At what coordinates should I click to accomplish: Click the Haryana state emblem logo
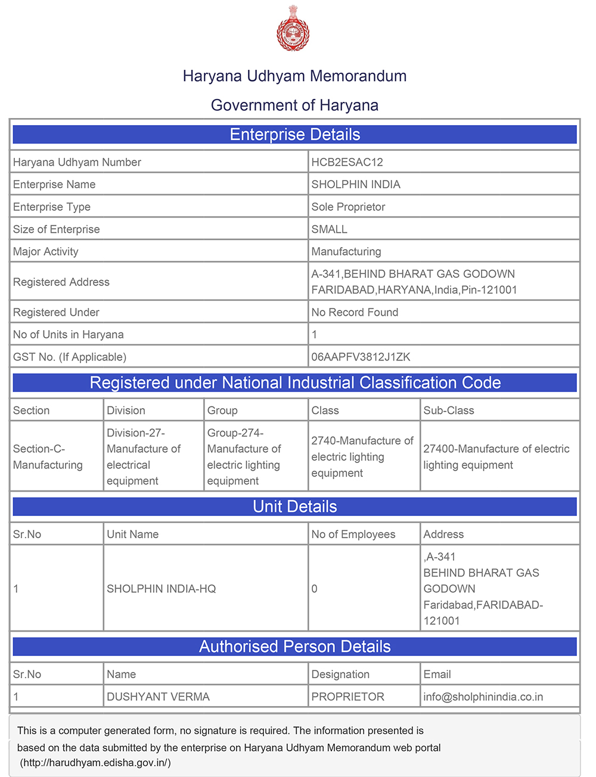click(293, 28)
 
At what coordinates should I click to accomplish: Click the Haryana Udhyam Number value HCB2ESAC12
click(347, 162)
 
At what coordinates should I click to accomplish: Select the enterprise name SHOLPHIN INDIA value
click(356, 185)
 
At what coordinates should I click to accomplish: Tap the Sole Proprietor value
click(348, 207)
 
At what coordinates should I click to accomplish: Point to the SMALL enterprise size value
click(329, 229)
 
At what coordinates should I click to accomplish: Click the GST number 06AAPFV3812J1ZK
click(361, 357)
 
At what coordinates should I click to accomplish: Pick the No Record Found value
click(355, 312)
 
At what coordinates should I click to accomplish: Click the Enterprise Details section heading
click(294, 135)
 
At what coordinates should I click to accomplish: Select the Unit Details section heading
click(294, 506)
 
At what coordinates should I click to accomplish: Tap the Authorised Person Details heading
click(294, 647)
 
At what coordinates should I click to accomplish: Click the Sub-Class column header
click(448, 411)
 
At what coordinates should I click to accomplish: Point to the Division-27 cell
click(144, 456)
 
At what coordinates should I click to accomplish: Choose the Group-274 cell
click(244, 456)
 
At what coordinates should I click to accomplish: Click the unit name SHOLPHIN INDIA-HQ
click(161, 589)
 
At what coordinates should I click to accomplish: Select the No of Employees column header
click(353, 534)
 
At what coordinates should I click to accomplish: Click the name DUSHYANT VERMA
click(158, 697)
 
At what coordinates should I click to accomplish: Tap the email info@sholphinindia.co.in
click(483, 697)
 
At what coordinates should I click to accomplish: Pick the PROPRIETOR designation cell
click(347, 697)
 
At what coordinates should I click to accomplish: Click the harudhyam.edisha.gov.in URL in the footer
click(95, 763)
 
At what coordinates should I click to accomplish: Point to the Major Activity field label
click(46, 251)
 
